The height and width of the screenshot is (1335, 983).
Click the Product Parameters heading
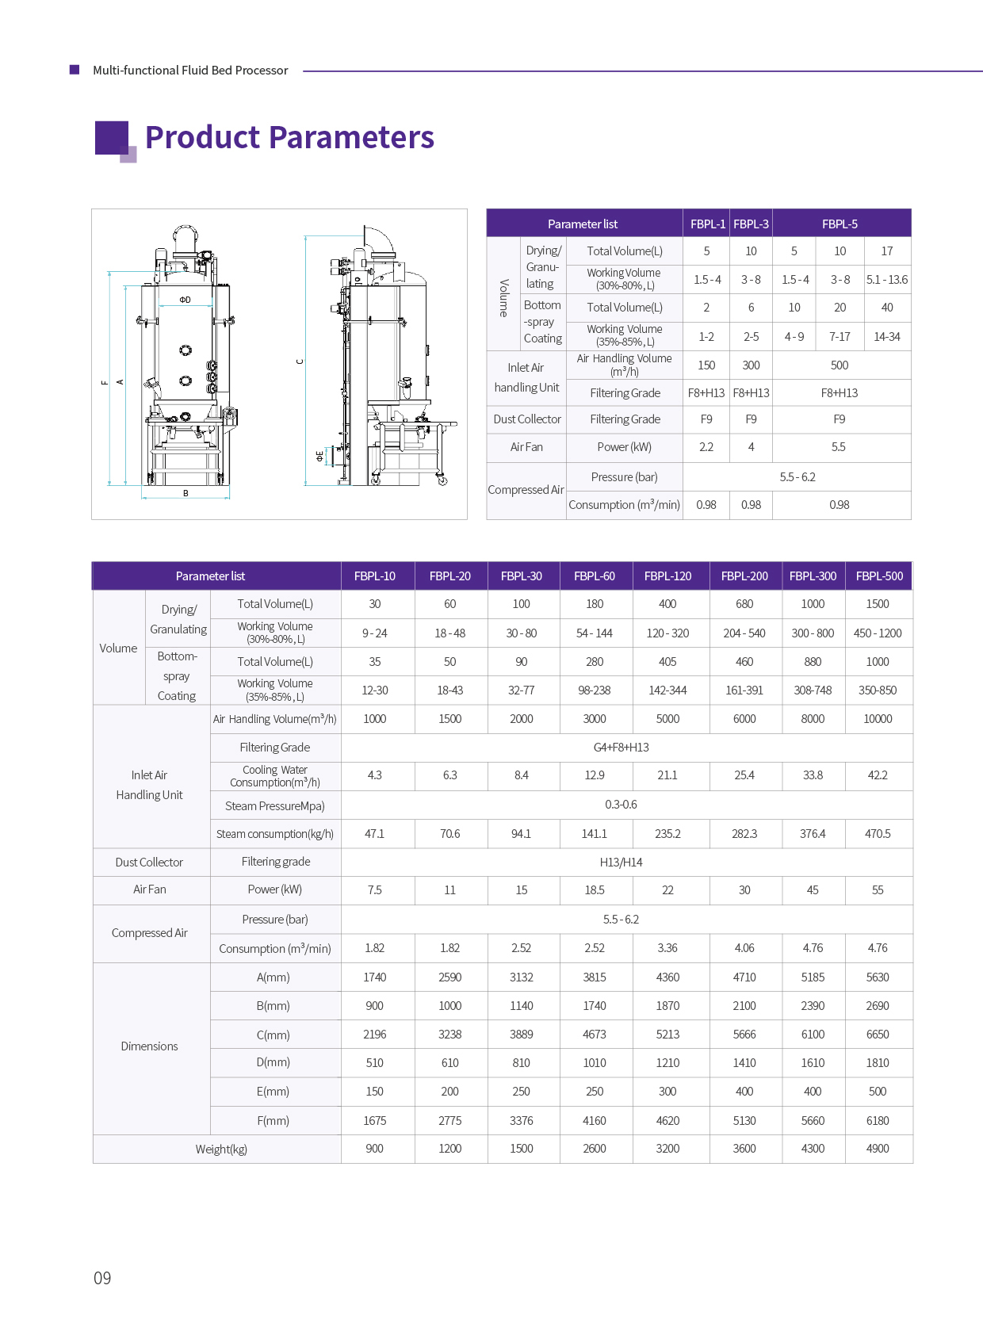click(289, 137)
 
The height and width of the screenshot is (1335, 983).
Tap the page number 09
click(102, 1278)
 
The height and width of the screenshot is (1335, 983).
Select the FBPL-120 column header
click(667, 576)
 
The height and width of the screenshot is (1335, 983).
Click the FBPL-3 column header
click(751, 224)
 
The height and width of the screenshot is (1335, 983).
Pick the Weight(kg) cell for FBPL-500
click(878, 1149)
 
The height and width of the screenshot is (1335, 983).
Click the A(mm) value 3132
click(522, 977)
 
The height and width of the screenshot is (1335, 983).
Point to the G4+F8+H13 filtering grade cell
click(621, 748)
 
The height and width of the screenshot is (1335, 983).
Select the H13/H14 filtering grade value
click(621, 863)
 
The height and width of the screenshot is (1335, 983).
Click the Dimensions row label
click(149, 1046)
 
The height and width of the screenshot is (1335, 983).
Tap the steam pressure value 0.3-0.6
click(621, 805)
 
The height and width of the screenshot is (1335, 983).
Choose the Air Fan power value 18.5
click(595, 890)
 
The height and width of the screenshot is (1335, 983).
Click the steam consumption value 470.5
click(878, 834)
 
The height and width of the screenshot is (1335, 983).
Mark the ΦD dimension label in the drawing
click(185, 300)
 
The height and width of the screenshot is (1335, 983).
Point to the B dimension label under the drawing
click(186, 493)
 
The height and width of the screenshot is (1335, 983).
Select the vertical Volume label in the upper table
click(503, 297)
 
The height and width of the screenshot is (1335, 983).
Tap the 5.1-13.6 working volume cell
click(887, 280)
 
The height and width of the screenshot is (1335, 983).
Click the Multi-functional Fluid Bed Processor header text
click(190, 71)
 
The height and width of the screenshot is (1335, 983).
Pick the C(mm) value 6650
click(878, 1035)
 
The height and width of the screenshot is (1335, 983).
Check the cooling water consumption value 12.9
click(595, 775)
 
